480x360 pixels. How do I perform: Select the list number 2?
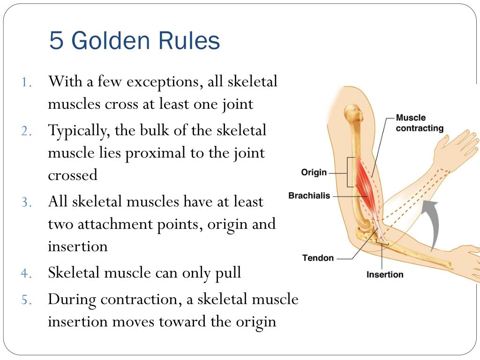pos(26,131)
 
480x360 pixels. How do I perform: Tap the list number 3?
pos(26,202)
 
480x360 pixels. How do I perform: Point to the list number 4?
pos(26,273)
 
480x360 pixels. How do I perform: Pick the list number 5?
pos(26,300)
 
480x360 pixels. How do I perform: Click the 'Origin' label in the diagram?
pos(314,172)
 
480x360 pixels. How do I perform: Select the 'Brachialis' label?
pos(309,195)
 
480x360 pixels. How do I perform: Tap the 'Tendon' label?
pos(318,258)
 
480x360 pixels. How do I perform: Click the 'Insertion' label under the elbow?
pos(385,275)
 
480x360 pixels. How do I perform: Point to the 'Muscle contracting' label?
pos(419,123)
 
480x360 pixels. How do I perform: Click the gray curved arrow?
pos(432,220)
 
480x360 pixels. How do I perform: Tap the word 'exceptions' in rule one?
pos(162,82)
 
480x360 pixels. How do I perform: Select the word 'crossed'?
pos(73,175)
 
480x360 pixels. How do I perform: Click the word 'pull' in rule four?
pos(226,273)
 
